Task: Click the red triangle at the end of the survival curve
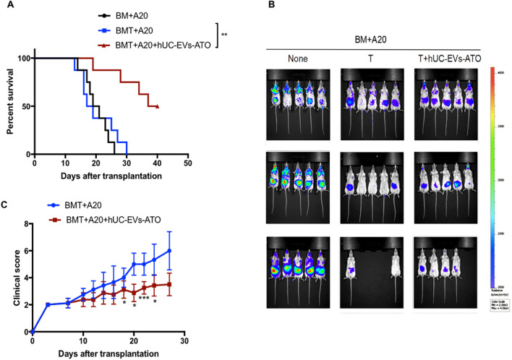pyautogui.click(x=158, y=106)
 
